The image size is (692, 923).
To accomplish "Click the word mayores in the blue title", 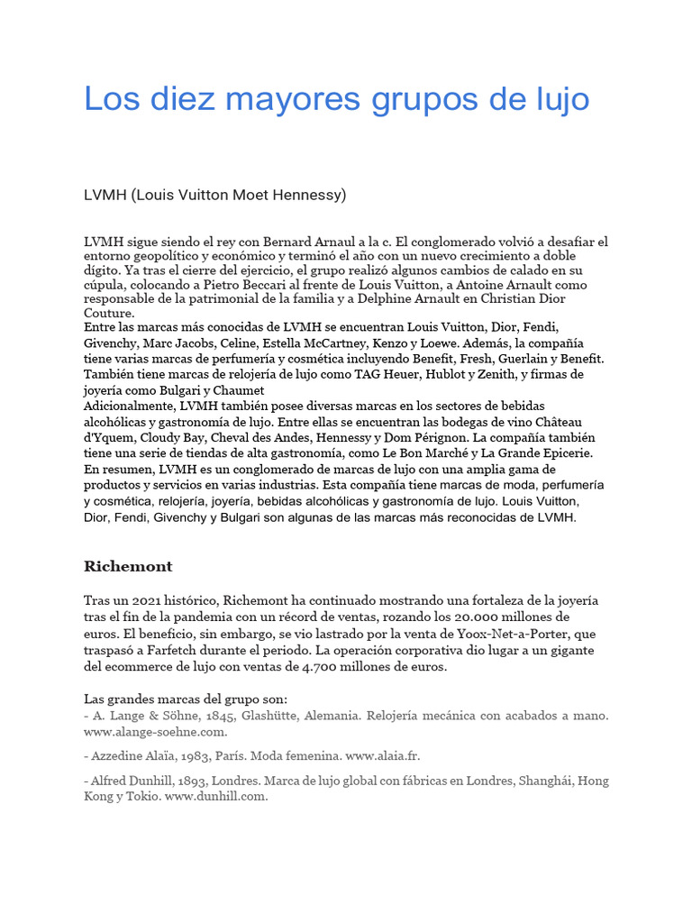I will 268,99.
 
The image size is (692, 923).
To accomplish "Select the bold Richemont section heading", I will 128,566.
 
